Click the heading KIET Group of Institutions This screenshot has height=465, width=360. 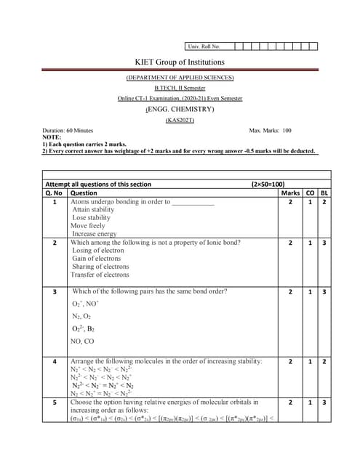[x=180, y=62]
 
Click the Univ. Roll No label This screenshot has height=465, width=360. [x=204, y=46]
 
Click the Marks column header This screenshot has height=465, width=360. [x=290, y=193]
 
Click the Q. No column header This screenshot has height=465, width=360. [x=54, y=193]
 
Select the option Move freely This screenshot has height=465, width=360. [x=88, y=226]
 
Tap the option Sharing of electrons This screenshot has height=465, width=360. [x=100, y=267]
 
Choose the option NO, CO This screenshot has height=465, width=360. [x=82, y=341]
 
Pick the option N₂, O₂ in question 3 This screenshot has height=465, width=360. [x=81, y=315]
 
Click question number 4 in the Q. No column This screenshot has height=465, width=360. [x=55, y=360]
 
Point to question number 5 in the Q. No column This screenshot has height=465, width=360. [x=55, y=401]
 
